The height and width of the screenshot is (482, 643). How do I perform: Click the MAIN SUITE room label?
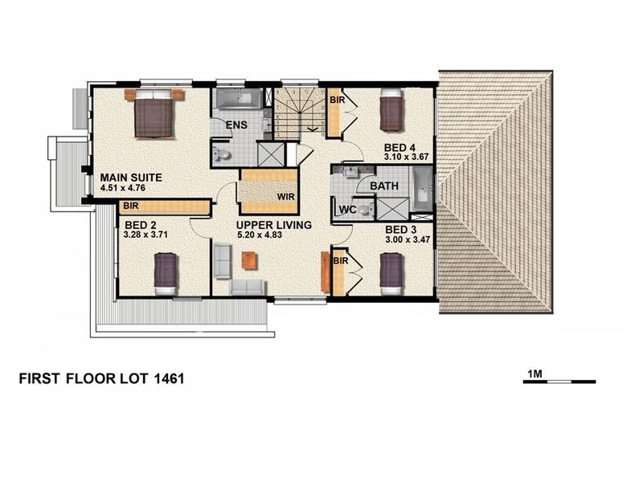click(131, 178)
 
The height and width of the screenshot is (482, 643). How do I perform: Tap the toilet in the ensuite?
click(222, 154)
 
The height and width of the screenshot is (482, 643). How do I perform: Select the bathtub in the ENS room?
click(239, 99)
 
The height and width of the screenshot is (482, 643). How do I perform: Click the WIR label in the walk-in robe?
click(286, 197)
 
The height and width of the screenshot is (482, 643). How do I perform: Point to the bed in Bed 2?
click(166, 273)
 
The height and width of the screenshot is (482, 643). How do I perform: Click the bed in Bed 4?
click(391, 109)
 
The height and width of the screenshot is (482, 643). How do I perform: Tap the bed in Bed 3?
click(391, 274)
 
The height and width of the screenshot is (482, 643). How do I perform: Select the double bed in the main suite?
click(154, 114)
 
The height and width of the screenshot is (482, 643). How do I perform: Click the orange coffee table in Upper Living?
click(249, 260)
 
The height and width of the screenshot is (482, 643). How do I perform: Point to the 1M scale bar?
click(559, 382)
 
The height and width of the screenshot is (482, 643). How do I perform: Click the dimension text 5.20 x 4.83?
click(260, 235)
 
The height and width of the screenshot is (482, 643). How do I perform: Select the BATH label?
click(384, 186)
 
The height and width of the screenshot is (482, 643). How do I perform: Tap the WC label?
click(348, 210)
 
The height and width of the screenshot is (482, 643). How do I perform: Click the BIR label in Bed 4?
click(337, 100)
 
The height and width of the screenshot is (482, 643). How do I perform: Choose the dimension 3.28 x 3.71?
click(145, 235)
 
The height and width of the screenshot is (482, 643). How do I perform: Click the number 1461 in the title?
click(169, 378)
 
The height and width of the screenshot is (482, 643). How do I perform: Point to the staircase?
click(300, 112)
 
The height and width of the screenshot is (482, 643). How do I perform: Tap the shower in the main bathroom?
click(393, 209)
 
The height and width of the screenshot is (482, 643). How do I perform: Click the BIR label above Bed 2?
click(131, 206)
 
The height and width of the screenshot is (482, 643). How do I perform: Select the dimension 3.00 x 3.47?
click(408, 239)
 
